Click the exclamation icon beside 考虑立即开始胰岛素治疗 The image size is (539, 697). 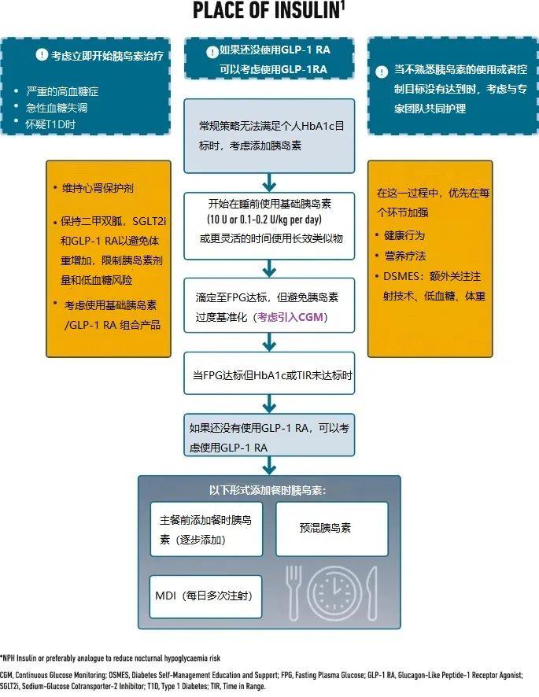(x=41, y=57)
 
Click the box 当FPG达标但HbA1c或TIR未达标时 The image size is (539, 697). (x=269, y=376)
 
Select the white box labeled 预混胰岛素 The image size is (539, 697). (x=331, y=529)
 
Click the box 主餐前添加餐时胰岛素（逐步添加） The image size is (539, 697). (x=205, y=529)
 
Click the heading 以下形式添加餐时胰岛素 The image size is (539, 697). (x=268, y=489)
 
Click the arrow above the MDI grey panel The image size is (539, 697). (x=269, y=463)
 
